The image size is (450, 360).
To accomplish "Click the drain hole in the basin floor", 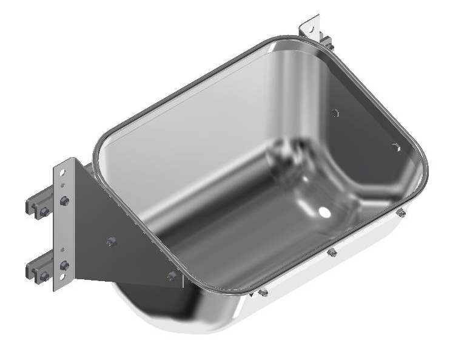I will click(x=324, y=212).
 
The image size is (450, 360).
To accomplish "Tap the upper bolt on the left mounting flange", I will click(x=64, y=201).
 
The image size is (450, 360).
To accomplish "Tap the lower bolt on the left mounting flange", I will click(x=64, y=265).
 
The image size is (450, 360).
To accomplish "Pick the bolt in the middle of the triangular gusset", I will click(x=110, y=242).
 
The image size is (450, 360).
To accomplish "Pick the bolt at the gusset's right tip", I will click(x=172, y=276).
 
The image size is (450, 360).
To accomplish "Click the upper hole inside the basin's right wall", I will click(x=335, y=113).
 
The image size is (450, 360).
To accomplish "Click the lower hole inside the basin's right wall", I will click(x=395, y=148).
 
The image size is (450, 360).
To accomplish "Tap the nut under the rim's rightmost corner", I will click(x=401, y=212).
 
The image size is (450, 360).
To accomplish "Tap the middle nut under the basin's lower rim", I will click(x=332, y=252).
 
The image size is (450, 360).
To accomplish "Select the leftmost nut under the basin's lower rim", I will click(x=263, y=293).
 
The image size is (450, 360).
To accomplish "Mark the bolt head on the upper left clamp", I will click(x=44, y=211).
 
